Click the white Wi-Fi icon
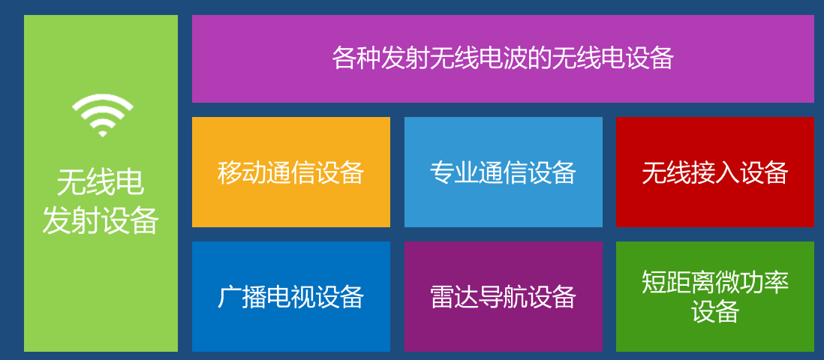click(103, 115)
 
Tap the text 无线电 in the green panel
click(101, 182)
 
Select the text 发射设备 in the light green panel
click(101, 220)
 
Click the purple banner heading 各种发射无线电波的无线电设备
click(502, 58)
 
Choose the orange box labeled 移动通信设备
click(290, 172)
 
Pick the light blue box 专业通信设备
click(503, 172)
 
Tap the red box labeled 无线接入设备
click(714, 172)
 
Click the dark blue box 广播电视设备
click(290, 296)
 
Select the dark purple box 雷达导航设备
click(503, 296)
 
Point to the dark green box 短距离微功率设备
click(714, 296)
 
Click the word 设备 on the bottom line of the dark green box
click(715, 311)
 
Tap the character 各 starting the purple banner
click(344, 58)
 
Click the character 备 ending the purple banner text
click(662, 58)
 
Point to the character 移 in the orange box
click(230, 172)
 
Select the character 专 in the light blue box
click(442, 172)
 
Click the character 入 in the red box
click(727, 172)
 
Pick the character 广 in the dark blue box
click(230, 297)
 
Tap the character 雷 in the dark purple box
click(442, 297)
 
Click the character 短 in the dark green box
click(654, 282)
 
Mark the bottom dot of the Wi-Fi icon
click(103, 133)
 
